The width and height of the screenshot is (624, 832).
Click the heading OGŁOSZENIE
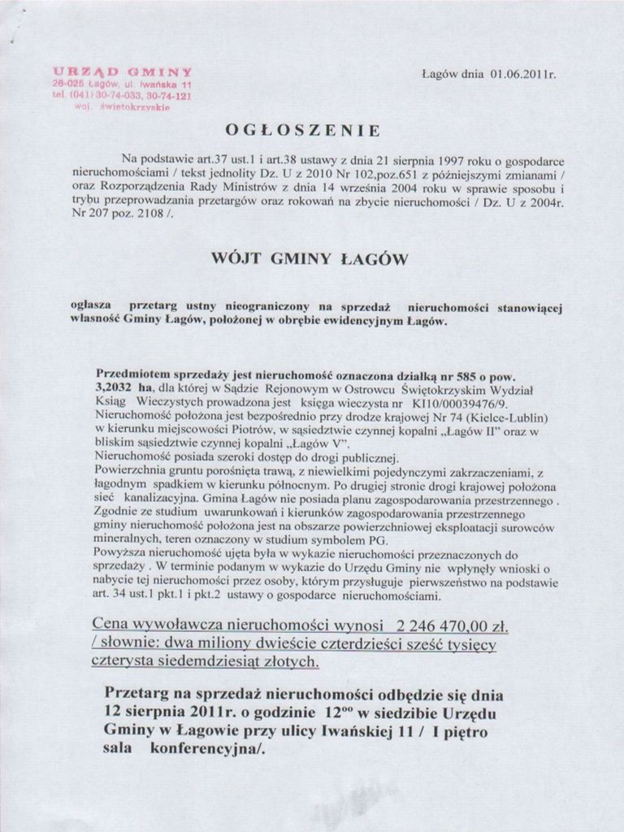pyautogui.click(x=301, y=130)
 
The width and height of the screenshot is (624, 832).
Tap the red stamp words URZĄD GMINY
pyautogui.click(x=122, y=71)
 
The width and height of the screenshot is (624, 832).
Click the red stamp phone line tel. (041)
pyautogui.click(x=122, y=94)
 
